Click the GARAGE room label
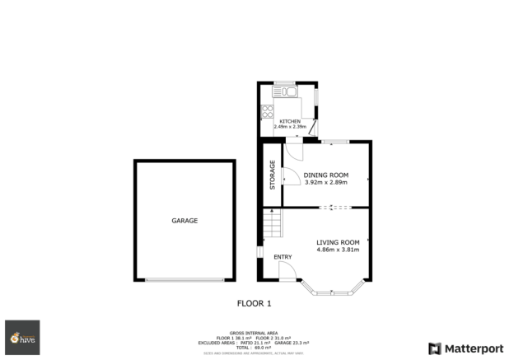tap(184, 221)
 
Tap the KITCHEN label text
tap(289, 121)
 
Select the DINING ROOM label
tap(326, 175)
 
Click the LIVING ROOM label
tap(338, 241)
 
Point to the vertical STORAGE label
tap(272, 174)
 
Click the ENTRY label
tap(283, 258)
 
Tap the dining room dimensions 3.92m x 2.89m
tap(326, 182)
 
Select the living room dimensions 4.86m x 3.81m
tap(338, 249)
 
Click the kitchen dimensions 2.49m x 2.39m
tap(289, 127)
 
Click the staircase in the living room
tap(273, 222)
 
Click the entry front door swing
tap(285, 270)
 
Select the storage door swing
tap(289, 176)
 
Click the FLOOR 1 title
tap(254, 303)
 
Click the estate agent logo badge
tap(22, 337)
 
